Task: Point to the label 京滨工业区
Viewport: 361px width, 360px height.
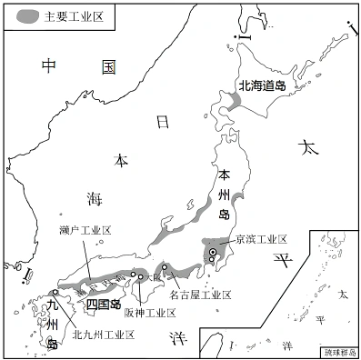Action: coord(261,239)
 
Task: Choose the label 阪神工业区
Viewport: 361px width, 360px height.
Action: coord(150,313)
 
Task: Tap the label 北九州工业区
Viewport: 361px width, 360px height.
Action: coord(104,334)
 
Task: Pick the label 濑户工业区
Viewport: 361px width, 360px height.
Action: coord(85,231)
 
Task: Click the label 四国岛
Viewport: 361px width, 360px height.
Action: coord(104,303)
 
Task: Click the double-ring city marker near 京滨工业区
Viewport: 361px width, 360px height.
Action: coord(213,252)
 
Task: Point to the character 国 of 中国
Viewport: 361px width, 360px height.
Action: coord(108,66)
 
